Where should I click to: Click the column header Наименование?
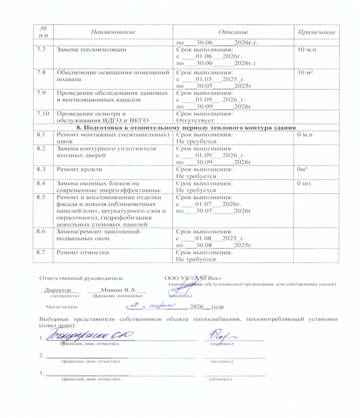[113, 33]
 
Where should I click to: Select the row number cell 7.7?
[40, 50]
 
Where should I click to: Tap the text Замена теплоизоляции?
[92, 50]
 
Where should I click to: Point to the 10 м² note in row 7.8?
[306, 73]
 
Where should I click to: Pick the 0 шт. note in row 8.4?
[306, 182]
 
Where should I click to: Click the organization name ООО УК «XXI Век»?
[193, 277]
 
